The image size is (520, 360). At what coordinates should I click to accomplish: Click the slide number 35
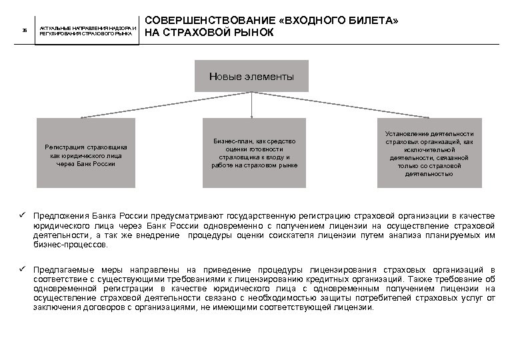tap(25, 31)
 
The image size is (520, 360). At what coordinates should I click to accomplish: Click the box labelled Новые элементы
tap(251, 77)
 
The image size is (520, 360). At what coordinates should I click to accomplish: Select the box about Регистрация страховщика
tap(86, 153)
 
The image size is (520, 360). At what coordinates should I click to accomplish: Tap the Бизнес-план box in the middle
tap(254, 153)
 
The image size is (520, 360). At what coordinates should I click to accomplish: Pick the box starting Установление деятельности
tap(429, 153)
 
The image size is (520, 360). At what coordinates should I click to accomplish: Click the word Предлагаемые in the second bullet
tap(65, 269)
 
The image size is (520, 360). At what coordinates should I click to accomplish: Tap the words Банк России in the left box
tap(96, 163)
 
